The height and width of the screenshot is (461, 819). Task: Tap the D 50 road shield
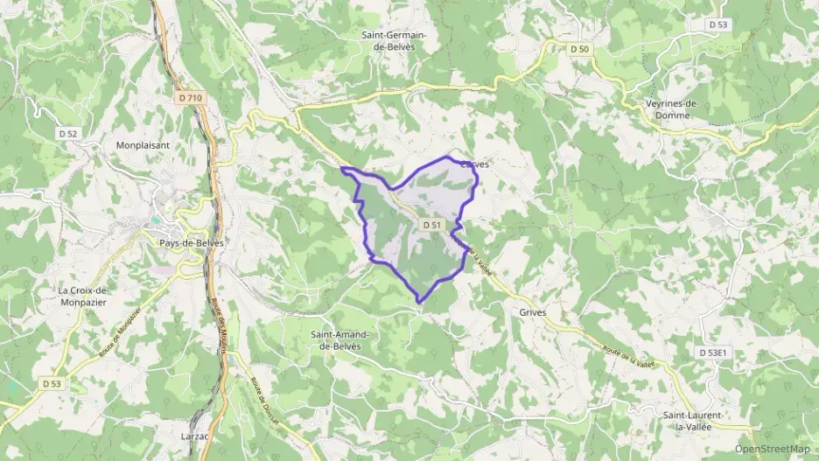coord(579,49)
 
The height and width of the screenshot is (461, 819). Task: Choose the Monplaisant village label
coord(143,145)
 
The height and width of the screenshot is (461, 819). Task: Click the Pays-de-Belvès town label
coord(192,242)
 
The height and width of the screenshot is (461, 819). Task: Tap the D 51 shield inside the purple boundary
coord(431,225)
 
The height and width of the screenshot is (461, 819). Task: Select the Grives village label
coord(532,311)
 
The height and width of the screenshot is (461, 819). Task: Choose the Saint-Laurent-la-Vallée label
coord(692,420)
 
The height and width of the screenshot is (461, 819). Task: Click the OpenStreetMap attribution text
coord(773,449)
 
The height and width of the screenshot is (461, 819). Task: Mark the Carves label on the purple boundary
coord(473,164)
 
